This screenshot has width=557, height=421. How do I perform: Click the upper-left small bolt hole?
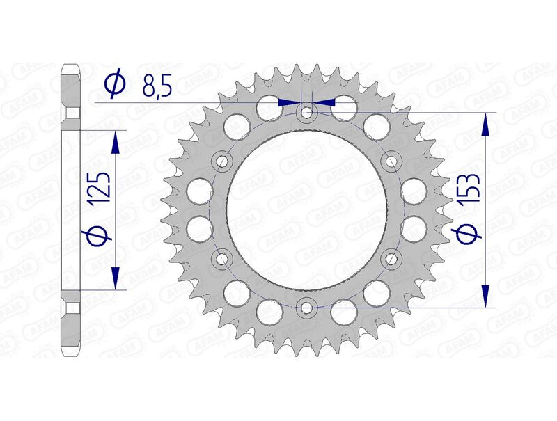point(222,161)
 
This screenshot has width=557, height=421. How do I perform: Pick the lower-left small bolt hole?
point(222,258)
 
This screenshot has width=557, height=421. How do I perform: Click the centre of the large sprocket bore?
point(307,209)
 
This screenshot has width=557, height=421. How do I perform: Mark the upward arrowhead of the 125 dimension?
point(116,141)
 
